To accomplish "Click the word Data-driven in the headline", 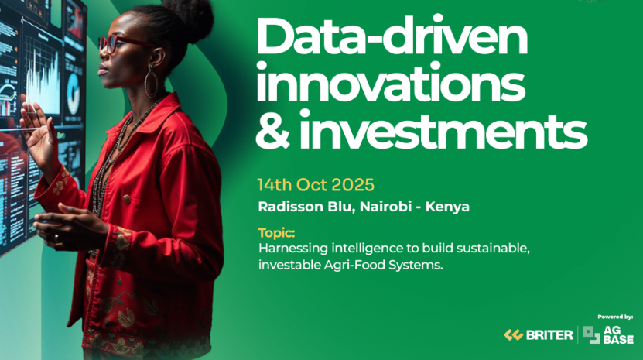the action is [x=392, y=38].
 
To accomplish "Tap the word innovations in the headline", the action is [x=391, y=84].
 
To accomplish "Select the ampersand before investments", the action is [x=272, y=131].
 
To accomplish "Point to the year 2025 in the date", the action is [x=353, y=185].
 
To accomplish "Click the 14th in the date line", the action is [x=274, y=185].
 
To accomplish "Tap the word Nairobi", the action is [x=385, y=207].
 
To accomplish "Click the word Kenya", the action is [x=447, y=207].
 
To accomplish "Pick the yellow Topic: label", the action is [x=276, y=233].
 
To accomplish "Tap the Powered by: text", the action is [x=615, y=317].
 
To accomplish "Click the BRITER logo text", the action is [x=549, y=335].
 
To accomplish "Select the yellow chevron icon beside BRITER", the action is [x=514, y=335].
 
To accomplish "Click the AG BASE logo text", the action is [x=618, y=335].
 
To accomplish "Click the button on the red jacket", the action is [x=127, y=200].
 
